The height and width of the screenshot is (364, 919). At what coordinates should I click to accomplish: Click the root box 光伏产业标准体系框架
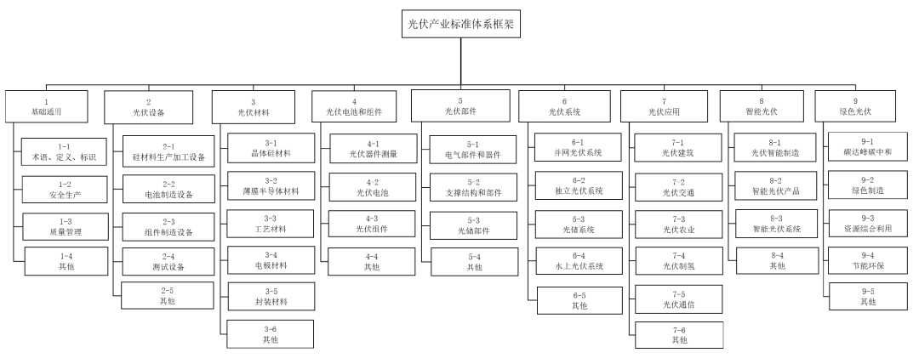pos(459,24)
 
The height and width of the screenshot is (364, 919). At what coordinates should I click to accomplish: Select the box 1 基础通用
pos(46,105)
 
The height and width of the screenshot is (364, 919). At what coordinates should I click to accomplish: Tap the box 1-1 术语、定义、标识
pos(59,151)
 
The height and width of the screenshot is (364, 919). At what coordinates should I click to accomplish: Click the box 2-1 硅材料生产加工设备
pos(168,151)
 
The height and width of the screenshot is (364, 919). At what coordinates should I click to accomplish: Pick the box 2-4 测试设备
pos(168,261)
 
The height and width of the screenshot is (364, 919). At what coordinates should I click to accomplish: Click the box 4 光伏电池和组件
pos(359,105)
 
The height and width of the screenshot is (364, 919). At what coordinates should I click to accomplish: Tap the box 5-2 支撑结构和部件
pos(473,187)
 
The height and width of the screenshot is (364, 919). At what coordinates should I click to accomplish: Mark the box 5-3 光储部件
pos(473,224)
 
